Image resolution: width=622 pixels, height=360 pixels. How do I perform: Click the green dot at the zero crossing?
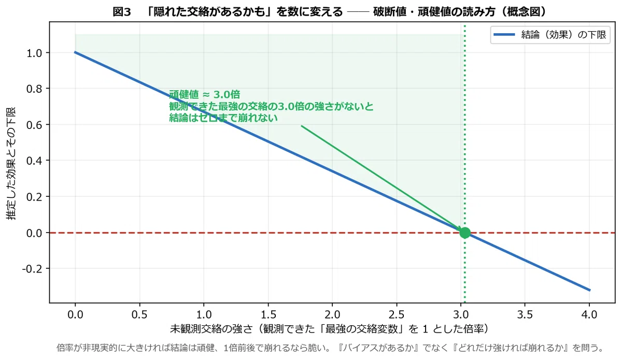465,233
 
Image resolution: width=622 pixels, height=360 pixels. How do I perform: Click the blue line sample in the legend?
504,35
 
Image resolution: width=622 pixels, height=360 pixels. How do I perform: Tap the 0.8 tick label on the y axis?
34,89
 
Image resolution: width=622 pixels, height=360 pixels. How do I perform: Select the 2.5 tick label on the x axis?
396,315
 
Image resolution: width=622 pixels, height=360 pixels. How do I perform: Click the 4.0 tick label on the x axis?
589,315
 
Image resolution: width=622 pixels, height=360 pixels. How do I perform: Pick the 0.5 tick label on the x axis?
139,315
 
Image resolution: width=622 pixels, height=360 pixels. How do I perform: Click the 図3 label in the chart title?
122,12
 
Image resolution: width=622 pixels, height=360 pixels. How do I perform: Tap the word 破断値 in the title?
390,12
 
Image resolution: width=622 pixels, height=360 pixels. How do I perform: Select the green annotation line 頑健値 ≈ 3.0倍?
205,95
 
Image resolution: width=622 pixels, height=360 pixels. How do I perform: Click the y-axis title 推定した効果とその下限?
11,164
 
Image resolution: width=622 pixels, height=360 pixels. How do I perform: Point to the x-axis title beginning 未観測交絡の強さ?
330,329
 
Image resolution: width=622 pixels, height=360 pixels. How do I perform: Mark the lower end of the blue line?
590,291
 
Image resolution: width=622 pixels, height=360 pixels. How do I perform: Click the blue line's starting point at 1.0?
75,52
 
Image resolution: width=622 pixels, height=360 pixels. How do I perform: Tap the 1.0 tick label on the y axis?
34,53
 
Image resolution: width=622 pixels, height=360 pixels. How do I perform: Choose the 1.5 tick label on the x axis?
268,315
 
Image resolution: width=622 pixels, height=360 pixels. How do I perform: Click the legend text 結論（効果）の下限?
564,35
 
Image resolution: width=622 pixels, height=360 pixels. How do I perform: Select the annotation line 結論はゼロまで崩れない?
223,118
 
